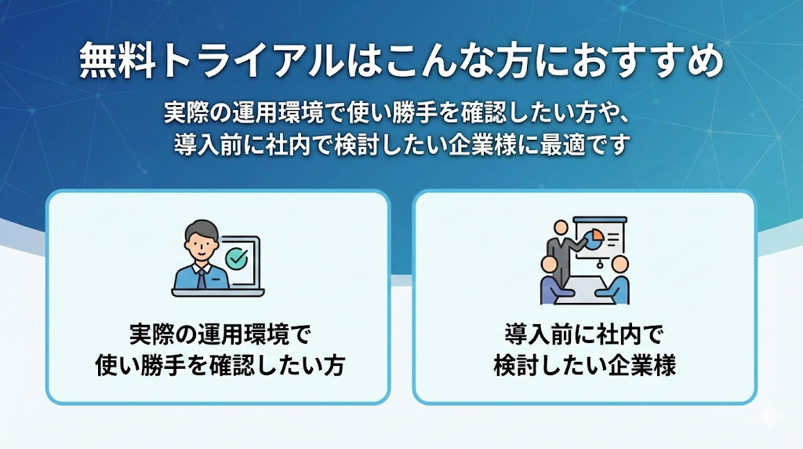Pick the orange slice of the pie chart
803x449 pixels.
click(x=597, y=234)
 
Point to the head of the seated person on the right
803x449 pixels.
click(x=620, y=265)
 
